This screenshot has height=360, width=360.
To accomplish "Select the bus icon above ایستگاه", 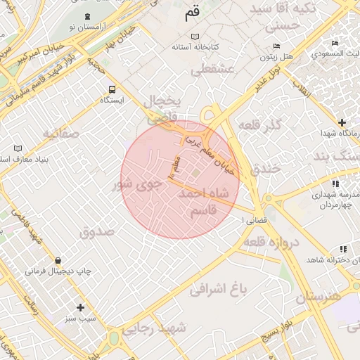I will click(x=112, y=89).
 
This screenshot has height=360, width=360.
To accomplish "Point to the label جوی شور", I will click(x=138, y=184).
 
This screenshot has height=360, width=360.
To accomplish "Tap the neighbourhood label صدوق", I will click(x=96, y=232).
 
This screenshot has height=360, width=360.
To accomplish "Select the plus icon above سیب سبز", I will click(x=81, y=307).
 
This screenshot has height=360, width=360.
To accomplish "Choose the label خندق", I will click(x=265, y=169).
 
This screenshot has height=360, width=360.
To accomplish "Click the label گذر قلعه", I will click(x=260, y=125).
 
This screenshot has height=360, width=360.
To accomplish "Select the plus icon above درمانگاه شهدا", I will click(x=342, y=122).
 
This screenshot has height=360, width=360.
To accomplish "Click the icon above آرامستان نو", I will click(x=86, y=16).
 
